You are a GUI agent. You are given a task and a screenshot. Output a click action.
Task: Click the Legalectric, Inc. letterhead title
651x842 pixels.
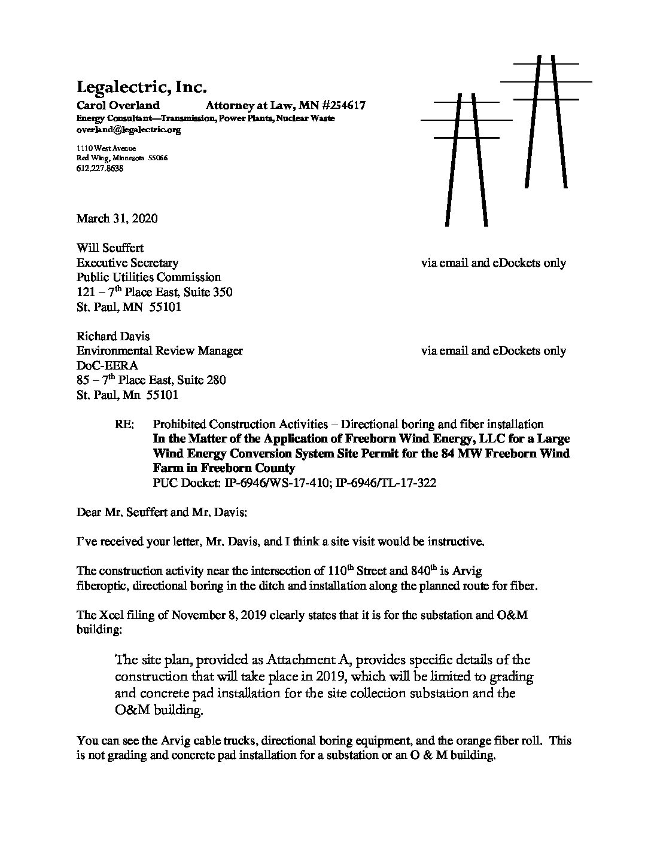pyautogui.click(x=141, y=88)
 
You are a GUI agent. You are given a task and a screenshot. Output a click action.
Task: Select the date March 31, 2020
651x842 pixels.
pyautogui.click(x=117, y=218)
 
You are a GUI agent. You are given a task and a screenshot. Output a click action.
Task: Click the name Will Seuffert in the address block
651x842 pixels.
pyautogui.click(x=110, y=248)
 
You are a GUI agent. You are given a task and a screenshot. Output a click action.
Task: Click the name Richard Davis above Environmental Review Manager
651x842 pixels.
pyautogui.click(x=113, y=336)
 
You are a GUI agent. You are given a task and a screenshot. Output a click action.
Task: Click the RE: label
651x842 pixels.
pyautogui.click(x=124, y=425)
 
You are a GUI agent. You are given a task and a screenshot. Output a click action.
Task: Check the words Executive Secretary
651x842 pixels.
pyautogui.click(x=127, y=263)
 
